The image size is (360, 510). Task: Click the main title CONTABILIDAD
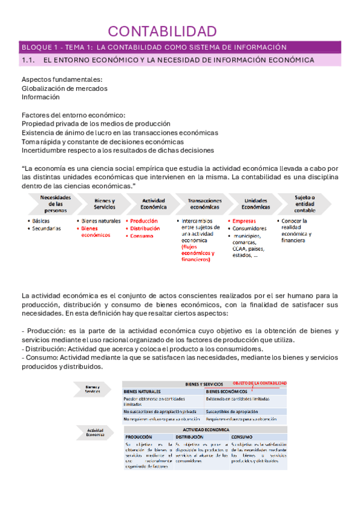pyautogui.click(x=162, y=31)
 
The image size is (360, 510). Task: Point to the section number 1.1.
pyautogui.click(x=29, y=60)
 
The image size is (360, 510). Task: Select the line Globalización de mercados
pyautogui.click(x=64, y=88)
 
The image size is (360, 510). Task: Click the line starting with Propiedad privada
pyautogui.click(x=93, y=123)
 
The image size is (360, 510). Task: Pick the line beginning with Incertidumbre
pyautogui.click(x=118, y=150)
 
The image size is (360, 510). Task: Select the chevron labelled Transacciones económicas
pyautogui.click(x=204, y=203)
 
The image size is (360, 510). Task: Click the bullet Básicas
pyautogui.click(x=41, y=221)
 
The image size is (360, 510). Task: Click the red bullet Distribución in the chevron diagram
pyautogui.click(x=145, y=229)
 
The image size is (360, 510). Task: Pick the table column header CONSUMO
pyautogui.click(x=242, y=437)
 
